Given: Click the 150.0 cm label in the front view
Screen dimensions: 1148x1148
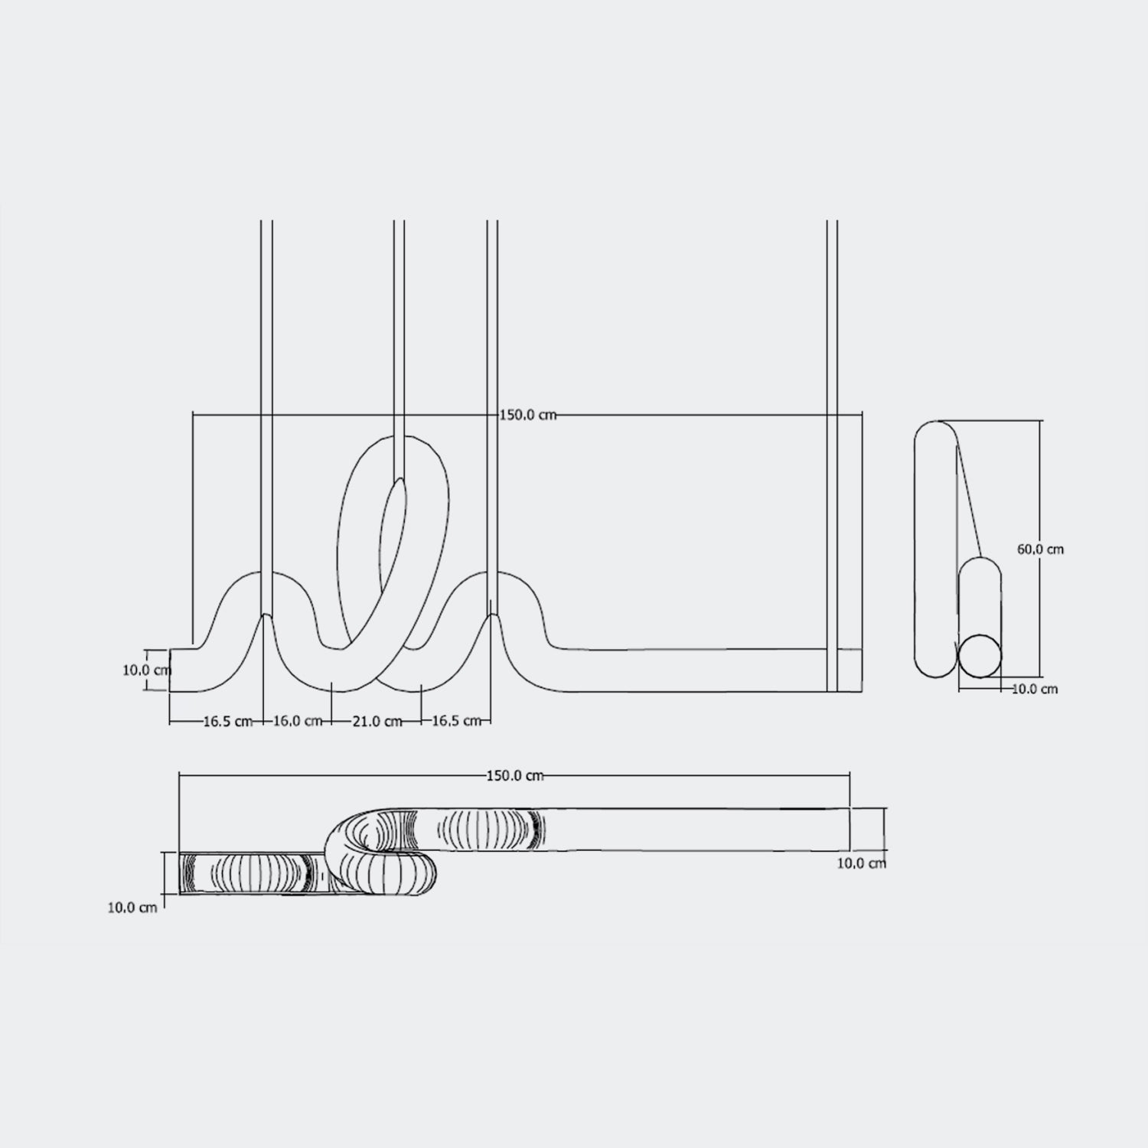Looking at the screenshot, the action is tap(528, 415).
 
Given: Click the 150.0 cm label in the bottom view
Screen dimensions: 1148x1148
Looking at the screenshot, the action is tap(515, 775).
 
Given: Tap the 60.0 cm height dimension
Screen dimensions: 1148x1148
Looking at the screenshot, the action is tap(1040, 549).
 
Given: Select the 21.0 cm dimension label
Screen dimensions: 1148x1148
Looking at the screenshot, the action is tap(377, 721).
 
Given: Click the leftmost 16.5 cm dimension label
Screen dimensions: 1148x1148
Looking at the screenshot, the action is tap(227, 721).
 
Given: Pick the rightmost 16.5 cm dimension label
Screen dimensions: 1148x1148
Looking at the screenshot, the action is tap(456, 721).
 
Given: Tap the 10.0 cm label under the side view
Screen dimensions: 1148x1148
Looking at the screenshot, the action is tap(1035, 689).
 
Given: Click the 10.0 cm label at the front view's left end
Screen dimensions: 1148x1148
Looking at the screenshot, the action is tap(146, 670).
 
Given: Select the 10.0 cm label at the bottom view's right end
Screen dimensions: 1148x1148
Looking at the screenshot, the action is tap(861, 863).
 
